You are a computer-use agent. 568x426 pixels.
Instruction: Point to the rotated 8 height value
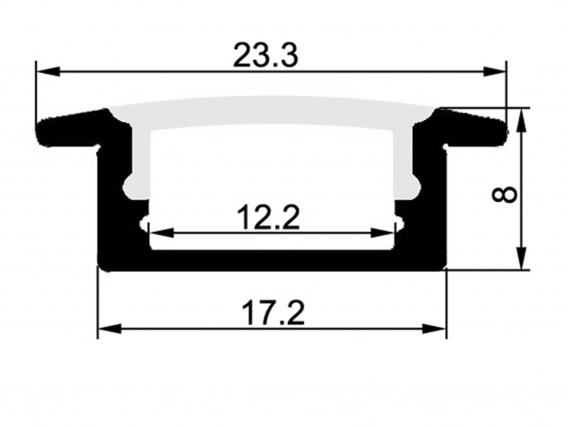(x=505, y=192)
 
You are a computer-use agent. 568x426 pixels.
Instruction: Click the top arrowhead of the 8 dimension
(x=522, y=118)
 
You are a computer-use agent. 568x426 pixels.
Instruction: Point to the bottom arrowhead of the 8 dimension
(x=522, y=259)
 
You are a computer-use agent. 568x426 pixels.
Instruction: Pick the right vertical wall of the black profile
(x=435, y=201)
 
